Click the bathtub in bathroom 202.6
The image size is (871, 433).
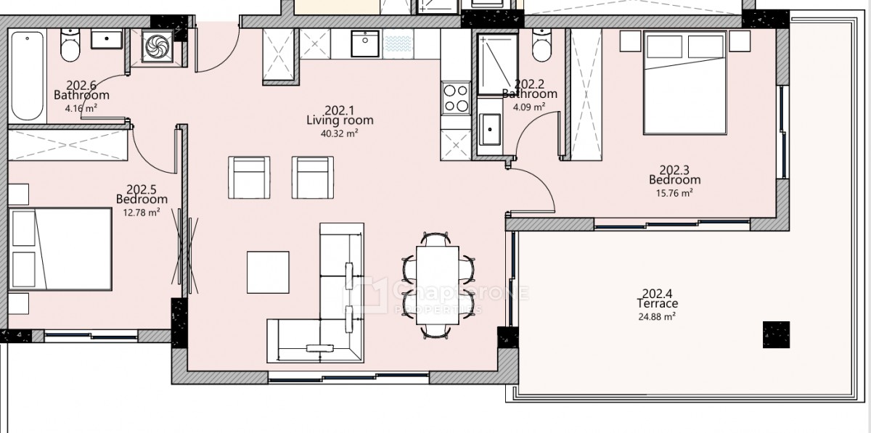[x=28, y=76]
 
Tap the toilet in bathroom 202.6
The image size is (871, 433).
[x=70, y=46]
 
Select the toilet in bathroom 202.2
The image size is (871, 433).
[x=541, y=45]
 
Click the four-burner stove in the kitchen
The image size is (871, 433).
[x=456, y=99]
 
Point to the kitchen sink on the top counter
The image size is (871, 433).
[x=364, y=44]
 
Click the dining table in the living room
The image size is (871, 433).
[x=438, y=285]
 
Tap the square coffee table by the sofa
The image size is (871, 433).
[x=268, y=272]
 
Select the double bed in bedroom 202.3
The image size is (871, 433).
[x=684, y=83]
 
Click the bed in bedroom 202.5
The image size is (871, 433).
[x=60, y=249]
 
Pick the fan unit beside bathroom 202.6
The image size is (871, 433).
[x=157, y=46]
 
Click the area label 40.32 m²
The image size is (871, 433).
[x=339, y=133]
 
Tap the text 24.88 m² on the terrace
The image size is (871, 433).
[x=657, y=316]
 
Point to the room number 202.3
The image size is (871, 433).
[x=674, y=170]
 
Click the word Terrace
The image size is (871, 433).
[x=658, y=303]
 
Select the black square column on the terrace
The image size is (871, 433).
[x=776, y=334]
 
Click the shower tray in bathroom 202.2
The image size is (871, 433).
[x=497, y=64]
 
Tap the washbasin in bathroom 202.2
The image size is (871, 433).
[x=490, y=129]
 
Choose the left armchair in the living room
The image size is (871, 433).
[x=249, y=178]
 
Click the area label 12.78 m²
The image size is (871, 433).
[x=142, y=213]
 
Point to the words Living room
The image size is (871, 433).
[x=340, y=120]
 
